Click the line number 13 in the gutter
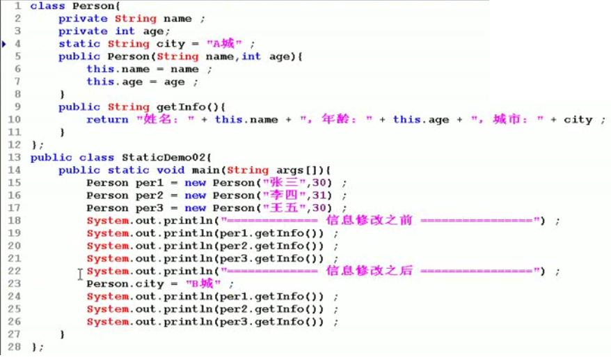[15, 157]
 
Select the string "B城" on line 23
[203, 284]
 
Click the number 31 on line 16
[319, 196]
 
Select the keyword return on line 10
[107, 120]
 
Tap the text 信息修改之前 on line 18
[369, 221]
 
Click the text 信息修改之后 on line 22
[369, 271]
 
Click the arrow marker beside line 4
[4, 44]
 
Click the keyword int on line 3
[125, 31]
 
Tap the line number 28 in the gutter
[15, 347]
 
